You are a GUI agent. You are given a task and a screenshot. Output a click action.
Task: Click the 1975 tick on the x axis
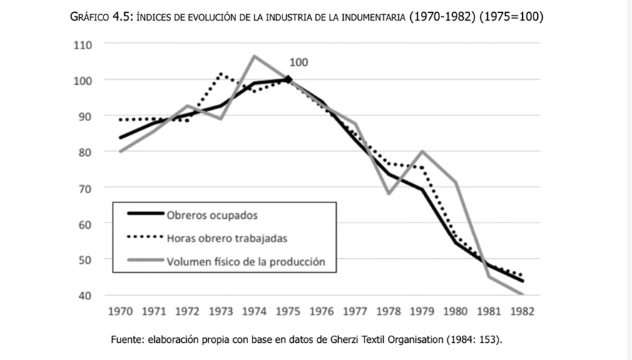pos(288,312)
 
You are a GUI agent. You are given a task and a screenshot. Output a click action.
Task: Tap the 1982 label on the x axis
pos(522,312)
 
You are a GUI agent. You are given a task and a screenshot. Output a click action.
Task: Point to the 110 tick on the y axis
pos(83,44)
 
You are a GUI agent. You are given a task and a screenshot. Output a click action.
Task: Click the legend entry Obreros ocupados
pos(212,215)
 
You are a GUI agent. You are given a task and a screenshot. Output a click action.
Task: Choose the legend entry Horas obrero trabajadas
pos(227,238)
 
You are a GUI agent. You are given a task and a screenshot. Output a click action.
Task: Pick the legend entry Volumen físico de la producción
pos(245,262)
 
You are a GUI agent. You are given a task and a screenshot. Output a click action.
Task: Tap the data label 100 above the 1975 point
pos(299,63)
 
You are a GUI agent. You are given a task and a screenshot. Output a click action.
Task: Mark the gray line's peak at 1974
pos(255,56)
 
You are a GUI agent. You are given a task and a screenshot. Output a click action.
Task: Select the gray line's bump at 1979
pos(422,151)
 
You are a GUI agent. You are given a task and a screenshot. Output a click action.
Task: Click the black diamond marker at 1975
pos(288,79)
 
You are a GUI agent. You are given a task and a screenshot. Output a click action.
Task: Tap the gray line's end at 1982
pos(523,294)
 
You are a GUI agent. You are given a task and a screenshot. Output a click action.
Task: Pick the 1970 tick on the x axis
pos(120,312)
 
